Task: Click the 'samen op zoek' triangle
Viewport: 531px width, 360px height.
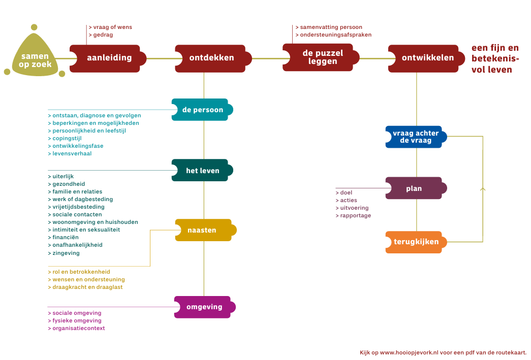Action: [x=35, y=58]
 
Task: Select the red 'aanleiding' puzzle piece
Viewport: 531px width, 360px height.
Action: [x=108, y=58]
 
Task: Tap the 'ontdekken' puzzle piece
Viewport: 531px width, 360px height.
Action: [x=211, y=58]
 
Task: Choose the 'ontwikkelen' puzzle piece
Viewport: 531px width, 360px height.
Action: [x=427, y=58]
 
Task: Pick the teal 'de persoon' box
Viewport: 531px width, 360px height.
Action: [x=202, y=110]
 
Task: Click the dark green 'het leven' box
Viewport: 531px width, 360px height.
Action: [x=202, y=171]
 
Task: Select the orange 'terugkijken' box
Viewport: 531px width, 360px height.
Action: [x=416, y=242]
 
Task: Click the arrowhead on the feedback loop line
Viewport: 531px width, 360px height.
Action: [x=483, y=189]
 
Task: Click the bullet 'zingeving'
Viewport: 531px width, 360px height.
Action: [x=66, y=253]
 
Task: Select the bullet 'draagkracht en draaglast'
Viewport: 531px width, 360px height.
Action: [x=87, y=287]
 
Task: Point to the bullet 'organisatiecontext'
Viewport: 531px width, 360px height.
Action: [x=78, y=328]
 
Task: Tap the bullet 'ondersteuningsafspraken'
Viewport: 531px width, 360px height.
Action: [x=335, y=35]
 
